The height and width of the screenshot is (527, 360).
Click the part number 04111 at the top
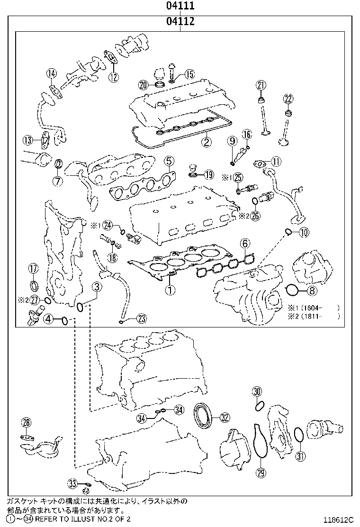coord(180,6)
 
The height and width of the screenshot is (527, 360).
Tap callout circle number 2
coord(206,141)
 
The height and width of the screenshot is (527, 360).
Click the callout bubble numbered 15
coord(189,74)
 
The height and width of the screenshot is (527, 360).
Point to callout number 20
coord(144,85)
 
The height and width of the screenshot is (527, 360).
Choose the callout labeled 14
coord(51,73)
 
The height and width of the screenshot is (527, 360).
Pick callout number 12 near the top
coord(113,77)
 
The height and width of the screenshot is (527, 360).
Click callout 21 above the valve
coord(261,85)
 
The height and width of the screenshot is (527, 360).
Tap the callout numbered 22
coord(288,99)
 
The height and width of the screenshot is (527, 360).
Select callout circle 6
coord(244,244)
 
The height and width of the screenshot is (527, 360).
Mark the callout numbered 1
coord(170,288)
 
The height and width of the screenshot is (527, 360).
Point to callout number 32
coord(224,418)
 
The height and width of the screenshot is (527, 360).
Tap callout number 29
coord(260,472)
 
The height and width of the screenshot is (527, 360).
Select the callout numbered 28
coord(26,422)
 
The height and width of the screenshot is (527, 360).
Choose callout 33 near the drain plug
coord(72,483)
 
